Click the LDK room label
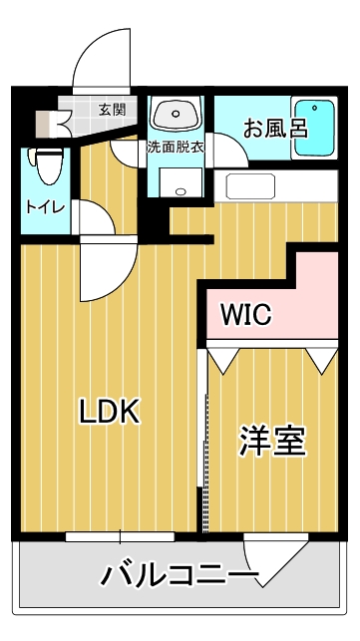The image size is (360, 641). tap(110, 412)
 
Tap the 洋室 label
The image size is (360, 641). tap(273, 441)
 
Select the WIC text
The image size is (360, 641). tap(246, 314)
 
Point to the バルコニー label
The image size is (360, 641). tap(180, 575)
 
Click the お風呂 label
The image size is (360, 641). tap(275, 128)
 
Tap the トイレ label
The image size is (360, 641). tap(46, 207)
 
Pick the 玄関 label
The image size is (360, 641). tap(112, 109)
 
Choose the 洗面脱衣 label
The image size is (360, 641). tap(176, 148)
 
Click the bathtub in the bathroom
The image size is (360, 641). tap(314, 128)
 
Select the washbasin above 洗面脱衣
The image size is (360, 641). tap(176, 113)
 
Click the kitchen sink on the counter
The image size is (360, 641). tap(250, 186)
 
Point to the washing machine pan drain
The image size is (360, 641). tap(180, 191)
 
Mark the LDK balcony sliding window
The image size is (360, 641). tap(120, 536)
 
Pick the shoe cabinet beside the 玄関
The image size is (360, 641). tap(48, 124)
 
